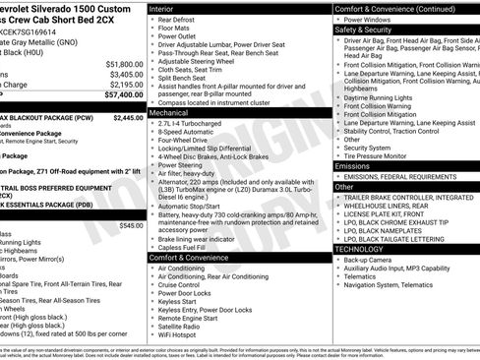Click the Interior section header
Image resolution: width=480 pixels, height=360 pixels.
pos(168,8)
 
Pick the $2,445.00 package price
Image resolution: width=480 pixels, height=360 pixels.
pos(128,117)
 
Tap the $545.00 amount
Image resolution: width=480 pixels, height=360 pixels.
pos(130,225)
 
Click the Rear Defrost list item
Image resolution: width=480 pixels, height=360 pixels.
pos(178,20)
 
